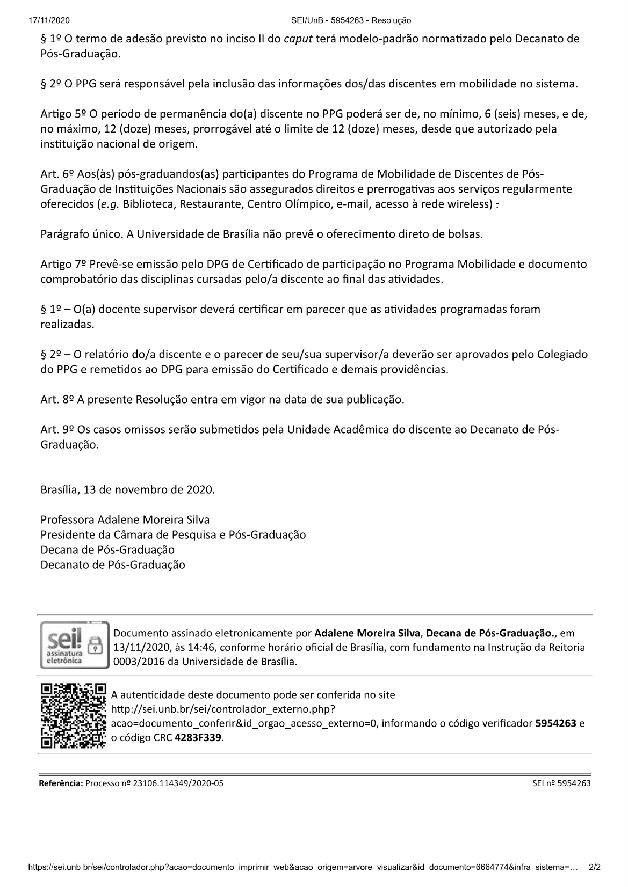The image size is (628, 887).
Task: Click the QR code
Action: [x=73, y=715]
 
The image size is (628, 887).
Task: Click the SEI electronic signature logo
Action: [x=73, y=644]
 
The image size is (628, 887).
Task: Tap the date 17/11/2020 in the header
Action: [x=47, y=20]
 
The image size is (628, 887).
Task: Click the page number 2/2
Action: [x=595, y=867]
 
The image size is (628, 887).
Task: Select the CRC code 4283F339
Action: [x=198, y=737]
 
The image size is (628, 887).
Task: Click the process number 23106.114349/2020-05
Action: [x=177, y=783]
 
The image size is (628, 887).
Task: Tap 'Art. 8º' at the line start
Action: [x=57, y=400]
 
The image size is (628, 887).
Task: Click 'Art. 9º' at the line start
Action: [x=57, y=430]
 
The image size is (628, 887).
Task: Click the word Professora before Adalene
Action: [x=67, y=520]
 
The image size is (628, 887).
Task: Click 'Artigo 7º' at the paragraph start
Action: [x=63, y=264]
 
